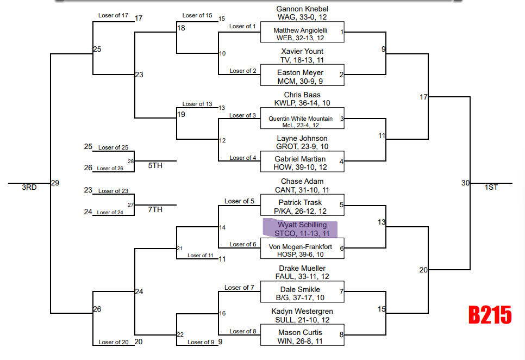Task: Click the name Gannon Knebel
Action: coord(302,9)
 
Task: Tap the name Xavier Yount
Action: coord(302,52)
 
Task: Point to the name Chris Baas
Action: coord(302,95)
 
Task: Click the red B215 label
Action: coord(490,315)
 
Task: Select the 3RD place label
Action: coord(29,188)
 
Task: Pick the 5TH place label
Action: coord(155,165)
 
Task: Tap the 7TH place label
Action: coord(155,209)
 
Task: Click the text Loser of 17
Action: coord(113,15)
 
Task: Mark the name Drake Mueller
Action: coord(302,269)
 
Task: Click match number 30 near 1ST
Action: coord(465,183)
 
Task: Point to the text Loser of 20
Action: coord(113,342)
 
